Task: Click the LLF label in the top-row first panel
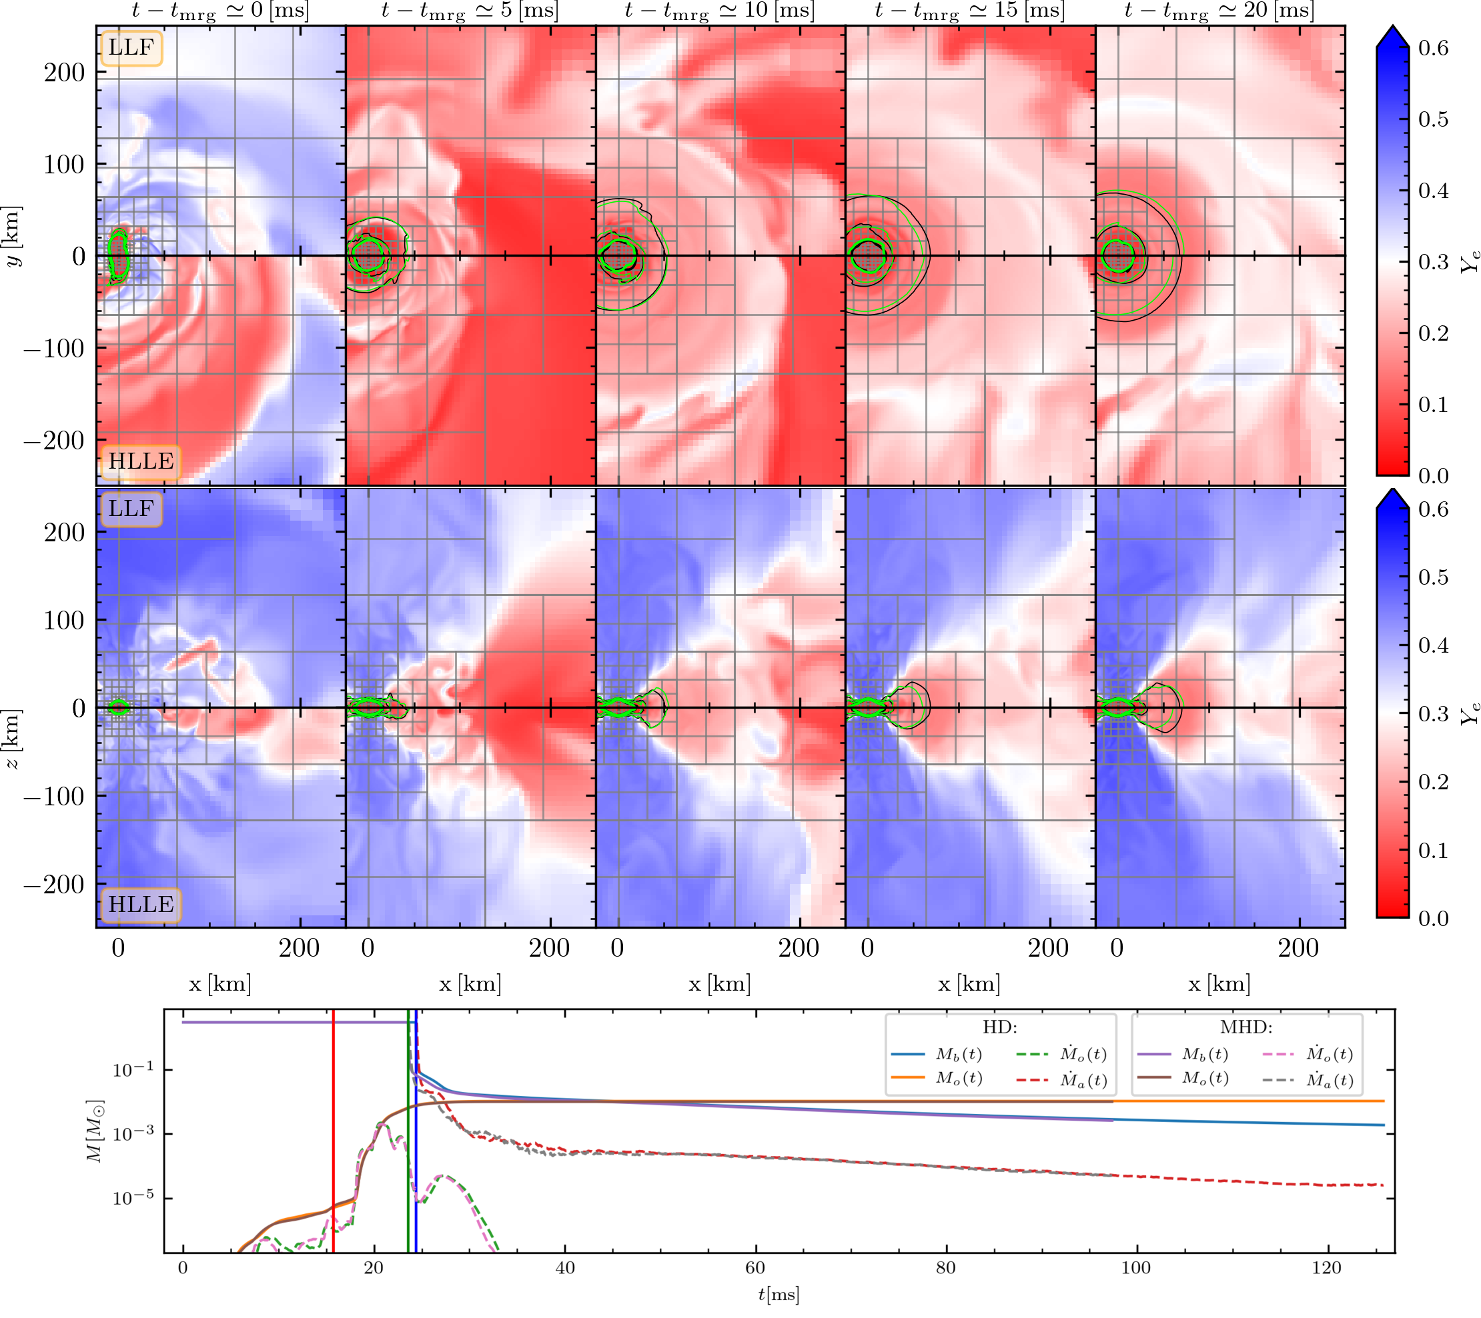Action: click(131, 48)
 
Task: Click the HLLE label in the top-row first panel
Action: click(141, 461)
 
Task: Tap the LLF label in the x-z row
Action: click(131, 509)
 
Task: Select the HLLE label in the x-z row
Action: click(141, 905)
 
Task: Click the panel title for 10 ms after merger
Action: click(720, 11)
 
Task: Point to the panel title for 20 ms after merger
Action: click(1219, 11)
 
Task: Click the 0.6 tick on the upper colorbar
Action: click(1432, 49)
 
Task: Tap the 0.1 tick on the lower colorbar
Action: click(1432, 851)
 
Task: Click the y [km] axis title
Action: click(14, 236)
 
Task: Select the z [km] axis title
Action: click(14, 739)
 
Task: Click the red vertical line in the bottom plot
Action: click(334, 1130)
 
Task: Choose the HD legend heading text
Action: click(1000, 1027)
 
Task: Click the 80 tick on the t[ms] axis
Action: click(945, 1267)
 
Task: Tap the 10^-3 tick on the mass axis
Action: click(133, 1134)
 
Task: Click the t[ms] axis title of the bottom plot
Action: click(779, 1295)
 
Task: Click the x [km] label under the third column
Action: click(720, 983)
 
